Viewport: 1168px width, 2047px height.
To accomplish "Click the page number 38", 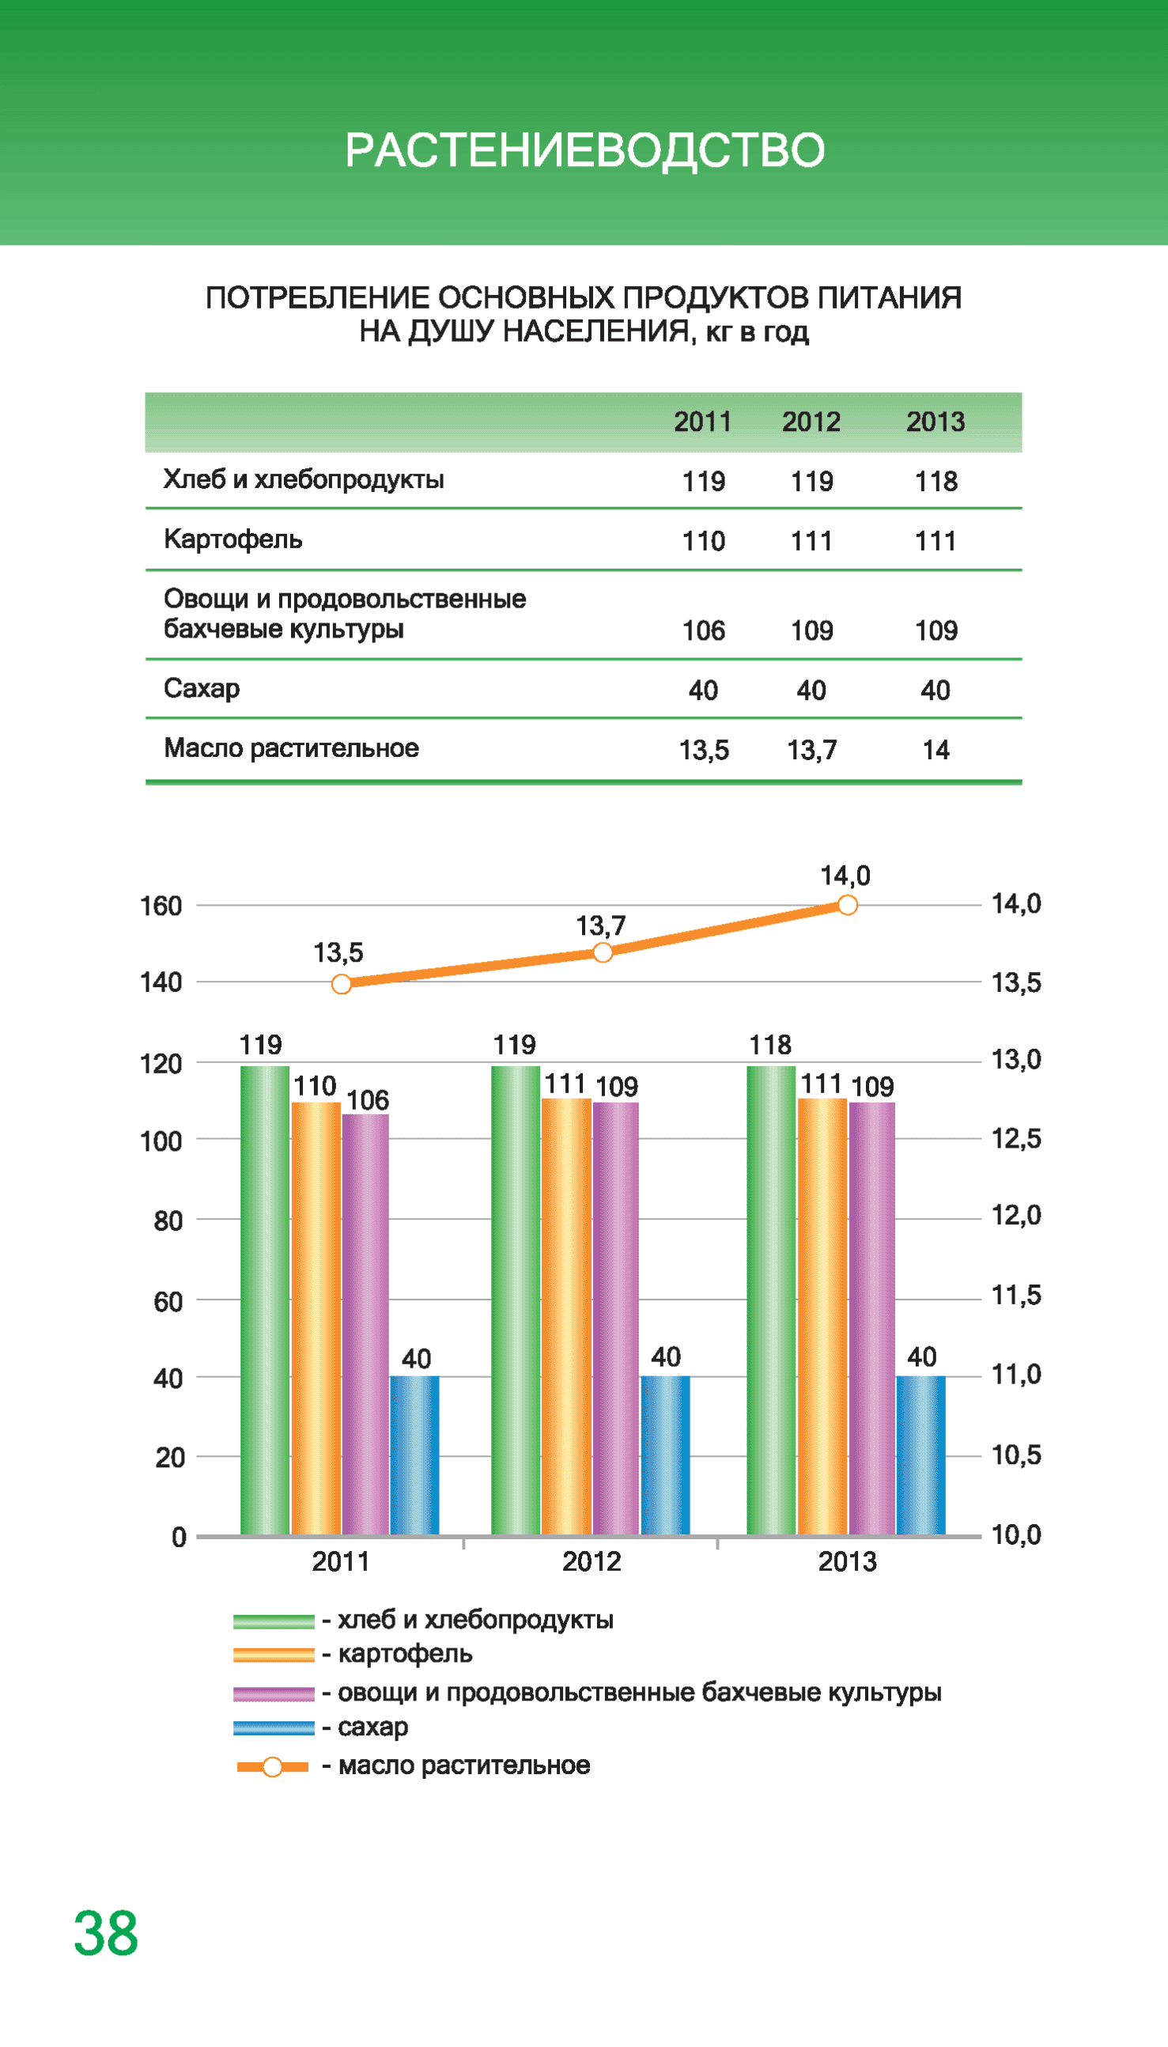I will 106,1934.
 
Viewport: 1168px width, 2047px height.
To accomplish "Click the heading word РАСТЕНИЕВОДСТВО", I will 584,150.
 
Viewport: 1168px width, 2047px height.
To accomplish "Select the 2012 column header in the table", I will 811,422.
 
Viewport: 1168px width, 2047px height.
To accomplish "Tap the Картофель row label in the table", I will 232,539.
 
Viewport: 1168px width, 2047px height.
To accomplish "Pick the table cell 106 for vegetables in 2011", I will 703,630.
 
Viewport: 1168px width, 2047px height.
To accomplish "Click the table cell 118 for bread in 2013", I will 936,481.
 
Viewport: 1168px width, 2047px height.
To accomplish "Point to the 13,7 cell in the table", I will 811,750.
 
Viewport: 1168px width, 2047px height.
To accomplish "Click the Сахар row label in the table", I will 202,688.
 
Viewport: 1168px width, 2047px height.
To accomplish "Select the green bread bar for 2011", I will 265,1300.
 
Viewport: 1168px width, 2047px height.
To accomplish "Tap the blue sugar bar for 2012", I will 665,1455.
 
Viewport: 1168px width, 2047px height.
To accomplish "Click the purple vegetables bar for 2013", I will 872,1315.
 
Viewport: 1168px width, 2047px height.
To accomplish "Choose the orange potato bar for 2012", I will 566,1315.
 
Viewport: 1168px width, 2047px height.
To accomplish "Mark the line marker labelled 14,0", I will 847,906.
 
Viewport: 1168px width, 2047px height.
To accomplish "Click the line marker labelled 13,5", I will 342,984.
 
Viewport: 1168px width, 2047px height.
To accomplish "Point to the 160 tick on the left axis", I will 161,906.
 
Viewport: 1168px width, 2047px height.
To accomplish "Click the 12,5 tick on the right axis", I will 1015,1138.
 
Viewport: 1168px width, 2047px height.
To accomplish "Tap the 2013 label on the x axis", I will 847,1561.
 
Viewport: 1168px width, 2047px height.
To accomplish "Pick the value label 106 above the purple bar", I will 368,1099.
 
